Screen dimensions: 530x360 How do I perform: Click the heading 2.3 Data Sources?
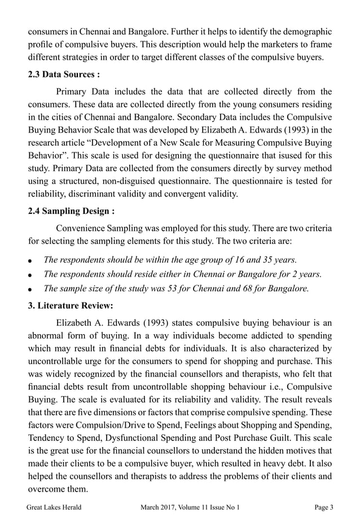64,75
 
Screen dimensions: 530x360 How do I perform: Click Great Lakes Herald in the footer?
54,507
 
